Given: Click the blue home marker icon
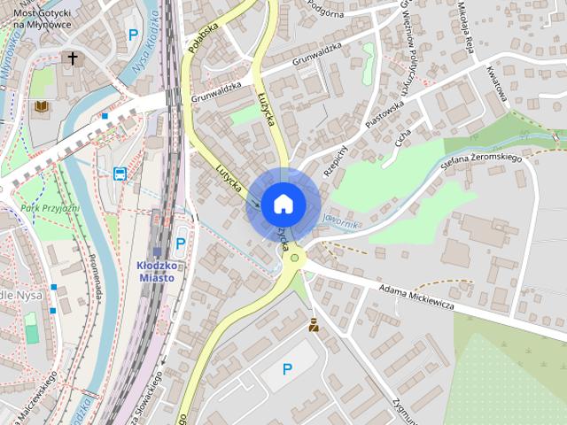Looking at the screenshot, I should click(x=283, y=204).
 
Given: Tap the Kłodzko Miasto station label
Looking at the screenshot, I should click(x=156, y=271).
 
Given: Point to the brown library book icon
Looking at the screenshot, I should click(x=41, y=107).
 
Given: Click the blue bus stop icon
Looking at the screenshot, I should click(x=120, y=174).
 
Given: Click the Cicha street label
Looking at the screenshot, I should click(x=403, y=139).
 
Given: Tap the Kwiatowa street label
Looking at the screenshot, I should click(x=497, y=84).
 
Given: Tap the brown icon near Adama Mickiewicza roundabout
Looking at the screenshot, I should click(x=314, y=325).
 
